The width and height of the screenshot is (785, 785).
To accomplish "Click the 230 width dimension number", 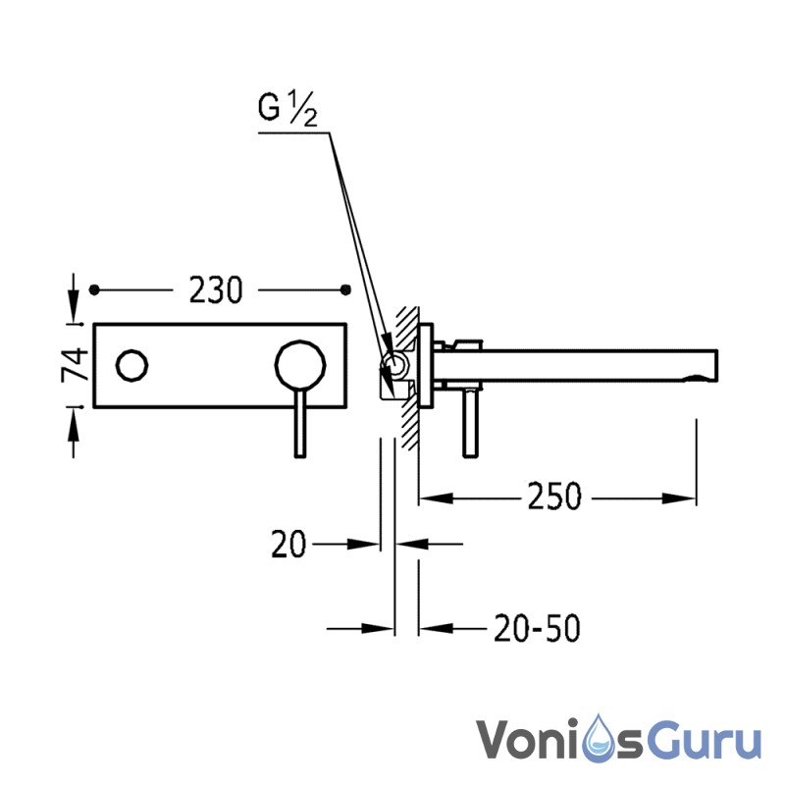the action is (216, 289).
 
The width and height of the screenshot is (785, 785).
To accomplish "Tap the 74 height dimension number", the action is (75, 365).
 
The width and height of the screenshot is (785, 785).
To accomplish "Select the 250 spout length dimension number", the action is (554, 497).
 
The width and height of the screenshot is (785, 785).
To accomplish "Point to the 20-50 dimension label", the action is (537, 628).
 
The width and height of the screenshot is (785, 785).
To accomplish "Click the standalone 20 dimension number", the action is (288, 545).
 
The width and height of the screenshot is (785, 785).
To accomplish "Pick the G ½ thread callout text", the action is (288, 108).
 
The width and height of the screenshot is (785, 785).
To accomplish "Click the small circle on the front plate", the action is (132, 365).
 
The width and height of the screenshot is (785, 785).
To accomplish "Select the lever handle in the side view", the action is (470, 423).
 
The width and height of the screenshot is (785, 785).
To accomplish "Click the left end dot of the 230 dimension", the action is (94, 289).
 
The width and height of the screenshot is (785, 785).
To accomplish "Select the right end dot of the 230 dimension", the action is (345, 289).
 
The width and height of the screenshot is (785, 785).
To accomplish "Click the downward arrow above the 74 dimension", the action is (74, 298).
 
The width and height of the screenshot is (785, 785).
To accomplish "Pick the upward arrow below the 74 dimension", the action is (74, 433).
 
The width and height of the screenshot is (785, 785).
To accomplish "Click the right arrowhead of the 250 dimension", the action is (679, 498).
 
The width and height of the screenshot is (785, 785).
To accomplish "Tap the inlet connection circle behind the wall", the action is (394, 365).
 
